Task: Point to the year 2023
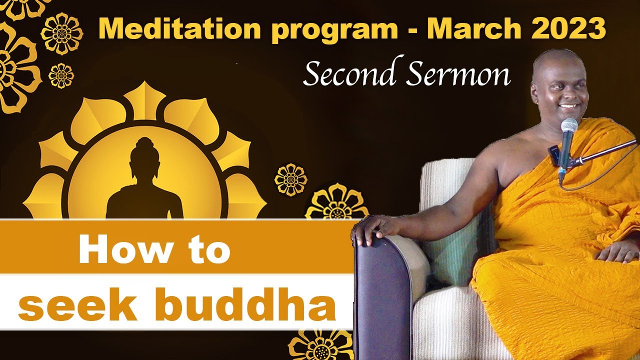click(x=569, y=29)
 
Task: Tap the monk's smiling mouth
click(x=568, y=106)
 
